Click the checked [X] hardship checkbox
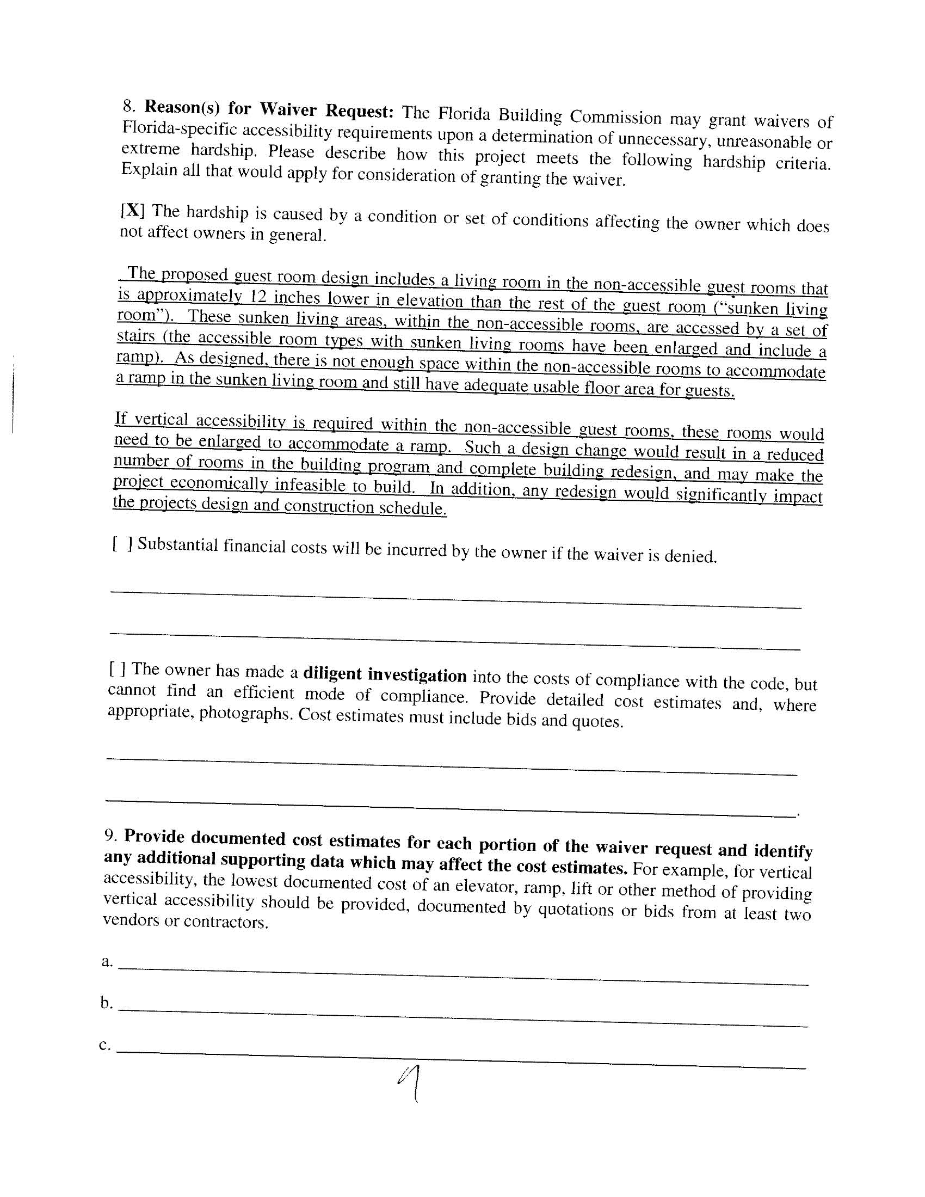tap(132, 211)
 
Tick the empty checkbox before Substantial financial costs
tap(122, 544)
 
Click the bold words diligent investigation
tap(385, 674)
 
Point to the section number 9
tap(110, 834)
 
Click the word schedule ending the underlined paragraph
tap(411, 507)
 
